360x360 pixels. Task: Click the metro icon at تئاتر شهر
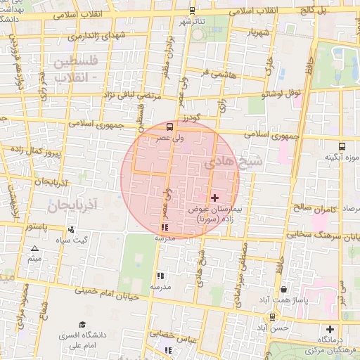tap(193, 11)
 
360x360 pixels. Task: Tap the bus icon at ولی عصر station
tap(169, 127)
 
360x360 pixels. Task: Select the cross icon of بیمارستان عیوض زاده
tap(214, 198)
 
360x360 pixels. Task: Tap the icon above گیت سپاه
tap(72, 229)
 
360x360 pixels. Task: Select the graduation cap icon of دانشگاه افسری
tap(82, 324)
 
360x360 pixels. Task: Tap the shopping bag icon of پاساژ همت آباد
tap(283, 289)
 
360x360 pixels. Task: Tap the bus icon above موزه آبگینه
tap(342, 147)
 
